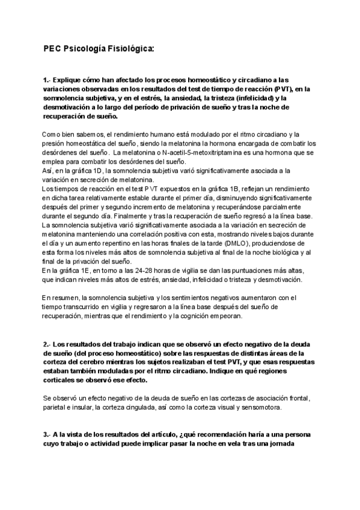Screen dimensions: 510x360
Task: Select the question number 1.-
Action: [x=48, y=79]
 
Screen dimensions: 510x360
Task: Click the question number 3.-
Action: [x=48, y=434]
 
